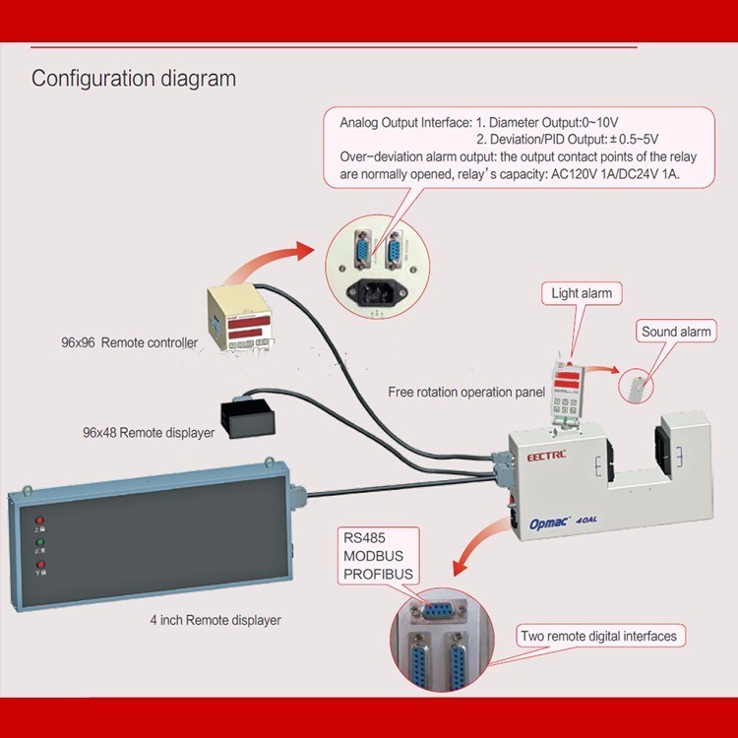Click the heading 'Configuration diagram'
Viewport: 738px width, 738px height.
pos(134,79)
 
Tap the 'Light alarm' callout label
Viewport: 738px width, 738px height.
pos(581,293)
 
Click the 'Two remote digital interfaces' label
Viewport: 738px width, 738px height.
pos(598,637)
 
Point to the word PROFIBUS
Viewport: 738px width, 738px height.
pos(378,575)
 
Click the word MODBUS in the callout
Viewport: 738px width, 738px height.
pos(374,556)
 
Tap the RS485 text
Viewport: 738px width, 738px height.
pos(364,538)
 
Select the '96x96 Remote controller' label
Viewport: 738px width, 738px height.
pos(129,343)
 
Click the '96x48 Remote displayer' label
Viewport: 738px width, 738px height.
pos(149,432)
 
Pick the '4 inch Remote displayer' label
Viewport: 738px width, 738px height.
pos(215,620)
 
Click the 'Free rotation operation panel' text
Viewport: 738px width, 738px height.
pos(466,392)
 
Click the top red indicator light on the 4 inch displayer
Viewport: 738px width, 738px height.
pos(39,520)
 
